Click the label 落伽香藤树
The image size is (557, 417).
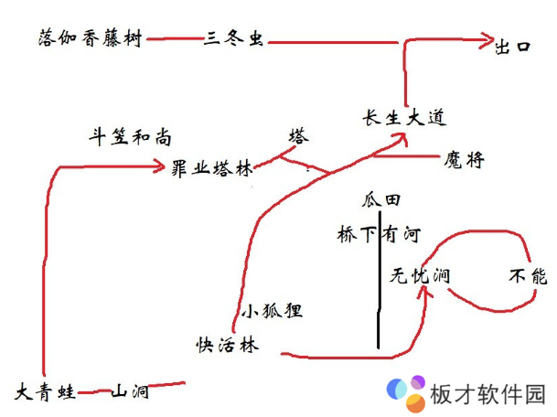tap(91, 39)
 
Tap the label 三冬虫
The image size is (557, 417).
tap(228, 39)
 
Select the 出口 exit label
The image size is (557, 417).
tap(512, 46)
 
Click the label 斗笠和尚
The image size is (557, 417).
tap(129, 138)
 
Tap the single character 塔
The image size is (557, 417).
tap(299, 137)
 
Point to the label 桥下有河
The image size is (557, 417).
tap(378, 234)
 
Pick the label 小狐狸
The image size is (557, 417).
tap(272, 310)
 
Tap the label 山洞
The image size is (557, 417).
tap(130, 392)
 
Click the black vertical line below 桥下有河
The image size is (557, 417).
tap(379, 302)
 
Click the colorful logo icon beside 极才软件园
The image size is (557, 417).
tap(404, 393)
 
